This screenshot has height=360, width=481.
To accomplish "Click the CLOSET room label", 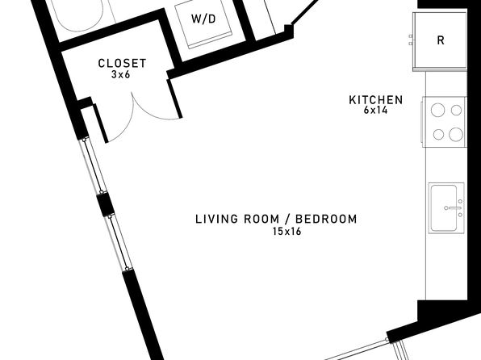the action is point(122,63).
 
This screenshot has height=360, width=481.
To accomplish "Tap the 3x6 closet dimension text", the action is point(121,74).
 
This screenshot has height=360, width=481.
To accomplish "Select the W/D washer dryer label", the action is point(203,19).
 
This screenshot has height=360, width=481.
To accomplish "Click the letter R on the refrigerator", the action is point(441,40).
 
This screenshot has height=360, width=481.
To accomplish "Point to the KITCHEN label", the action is point(376,100).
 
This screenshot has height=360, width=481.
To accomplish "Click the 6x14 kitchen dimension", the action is point(376,110).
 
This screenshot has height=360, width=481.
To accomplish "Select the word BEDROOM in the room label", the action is point(326,219).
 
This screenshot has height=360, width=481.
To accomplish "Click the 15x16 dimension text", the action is point(287,231).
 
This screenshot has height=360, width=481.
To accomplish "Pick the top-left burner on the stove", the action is point(437,110).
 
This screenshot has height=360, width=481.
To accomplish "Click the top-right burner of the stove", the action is point(456,110).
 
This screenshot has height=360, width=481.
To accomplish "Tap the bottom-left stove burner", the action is point(439,135).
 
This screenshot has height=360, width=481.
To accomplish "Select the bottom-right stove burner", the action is point(456,135).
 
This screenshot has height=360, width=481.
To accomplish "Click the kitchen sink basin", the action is point(444,208).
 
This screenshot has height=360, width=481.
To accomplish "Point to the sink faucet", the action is point(453,207).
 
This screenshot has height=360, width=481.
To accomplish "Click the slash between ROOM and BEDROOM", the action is point(287,219).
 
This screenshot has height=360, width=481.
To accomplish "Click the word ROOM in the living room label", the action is point(261,219).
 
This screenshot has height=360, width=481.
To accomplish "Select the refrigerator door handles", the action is point(411,40).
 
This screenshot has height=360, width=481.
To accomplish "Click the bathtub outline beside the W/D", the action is point(79,15).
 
